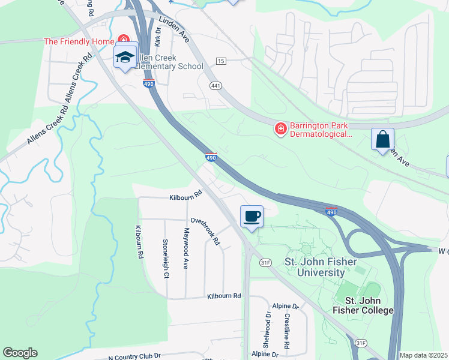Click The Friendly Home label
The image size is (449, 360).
point(79,41)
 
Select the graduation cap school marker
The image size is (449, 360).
point(125,57)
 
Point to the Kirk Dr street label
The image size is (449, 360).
point(157,37)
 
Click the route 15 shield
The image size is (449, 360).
point(221,61)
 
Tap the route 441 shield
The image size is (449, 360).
point(216,86)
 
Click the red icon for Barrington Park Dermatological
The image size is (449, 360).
point(280,128)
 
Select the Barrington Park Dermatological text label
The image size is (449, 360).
point(320,130)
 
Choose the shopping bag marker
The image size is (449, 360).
point(382,140)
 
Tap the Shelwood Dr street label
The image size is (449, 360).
point(267,330)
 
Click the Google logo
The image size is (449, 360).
point(20,353)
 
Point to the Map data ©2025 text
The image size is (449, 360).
point(423,355)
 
